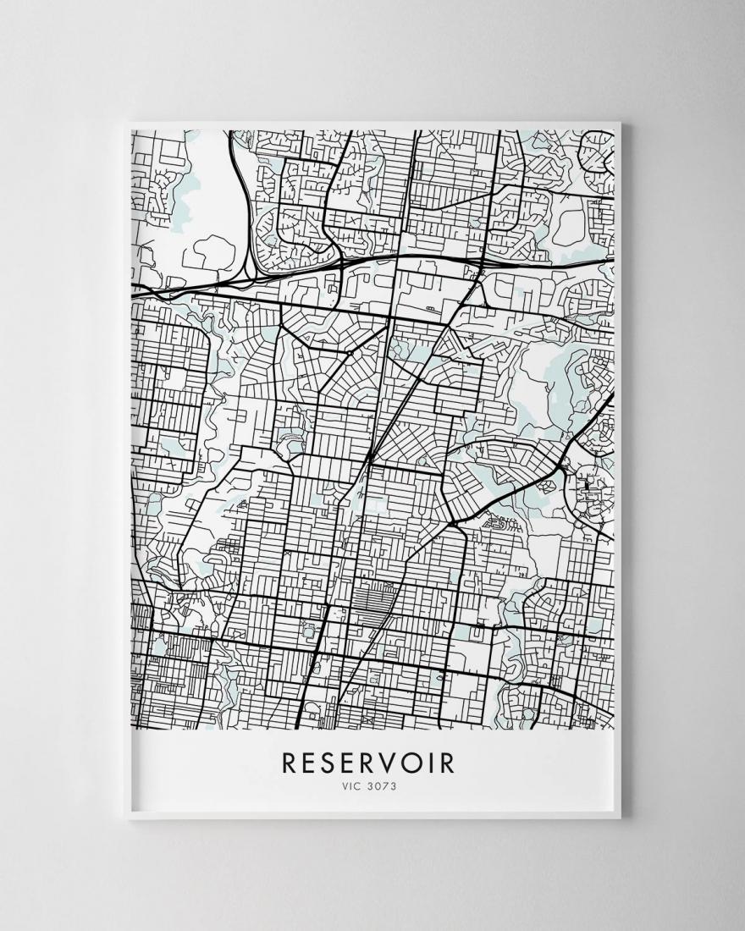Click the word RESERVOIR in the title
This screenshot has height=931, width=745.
(x=368, y=762)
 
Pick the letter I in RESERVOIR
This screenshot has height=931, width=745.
(x=422, y=762)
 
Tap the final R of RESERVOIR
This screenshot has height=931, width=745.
(x=445, y=762)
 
